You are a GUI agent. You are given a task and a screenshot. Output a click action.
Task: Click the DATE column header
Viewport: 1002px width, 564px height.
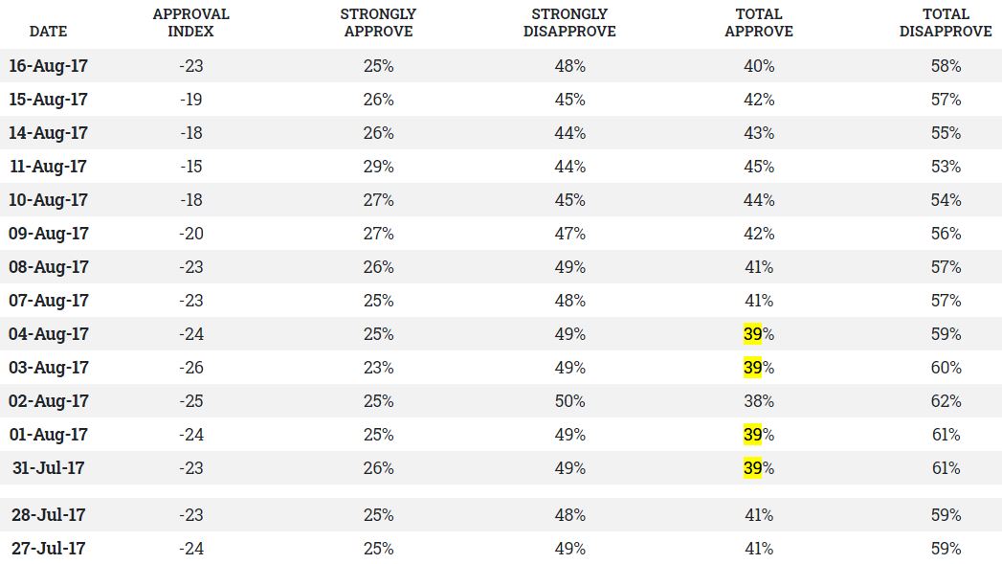[x=48, y=31]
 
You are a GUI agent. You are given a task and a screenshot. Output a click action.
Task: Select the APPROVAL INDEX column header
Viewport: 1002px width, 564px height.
[x=190, y=23]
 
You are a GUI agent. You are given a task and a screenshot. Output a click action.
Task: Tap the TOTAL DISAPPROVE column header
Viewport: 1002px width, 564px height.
[x=946, y=23]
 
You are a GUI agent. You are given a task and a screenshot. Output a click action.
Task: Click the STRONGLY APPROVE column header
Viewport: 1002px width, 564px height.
[x=377, y=23]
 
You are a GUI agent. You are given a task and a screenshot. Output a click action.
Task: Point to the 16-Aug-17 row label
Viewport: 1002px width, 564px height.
[x=48, y=66]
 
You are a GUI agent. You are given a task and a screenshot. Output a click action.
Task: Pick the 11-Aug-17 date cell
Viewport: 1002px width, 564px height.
[x=48, y=167]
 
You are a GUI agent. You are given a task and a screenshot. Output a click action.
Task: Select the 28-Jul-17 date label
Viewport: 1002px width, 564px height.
[x=48, y=515]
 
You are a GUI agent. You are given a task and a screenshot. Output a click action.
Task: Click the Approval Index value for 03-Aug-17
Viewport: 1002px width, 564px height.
[x=190, y=368]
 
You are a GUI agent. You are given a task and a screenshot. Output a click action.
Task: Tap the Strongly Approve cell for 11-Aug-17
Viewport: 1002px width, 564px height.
[x=378, y=167]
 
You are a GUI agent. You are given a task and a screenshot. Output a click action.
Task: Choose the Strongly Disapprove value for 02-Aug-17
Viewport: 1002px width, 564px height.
[x=569, y=401]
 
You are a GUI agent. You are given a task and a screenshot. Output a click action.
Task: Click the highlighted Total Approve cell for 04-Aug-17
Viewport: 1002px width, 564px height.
[x=758, y=334]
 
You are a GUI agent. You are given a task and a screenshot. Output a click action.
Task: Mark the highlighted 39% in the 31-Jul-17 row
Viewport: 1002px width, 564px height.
[x=758, y=468]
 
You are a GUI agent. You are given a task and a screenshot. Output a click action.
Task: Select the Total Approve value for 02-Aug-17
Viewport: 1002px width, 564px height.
[x=758, y=401]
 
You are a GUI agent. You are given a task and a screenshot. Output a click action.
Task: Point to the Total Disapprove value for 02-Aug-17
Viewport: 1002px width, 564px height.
[x=946, y=401]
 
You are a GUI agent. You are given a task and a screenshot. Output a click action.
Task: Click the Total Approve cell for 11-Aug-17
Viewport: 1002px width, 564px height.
[x=758, y=167]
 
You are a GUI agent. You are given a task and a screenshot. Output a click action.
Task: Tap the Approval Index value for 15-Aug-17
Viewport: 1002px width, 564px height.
[x=190, y=100]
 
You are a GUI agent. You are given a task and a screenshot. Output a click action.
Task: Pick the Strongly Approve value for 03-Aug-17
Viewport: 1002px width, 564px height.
[x=378, y=368]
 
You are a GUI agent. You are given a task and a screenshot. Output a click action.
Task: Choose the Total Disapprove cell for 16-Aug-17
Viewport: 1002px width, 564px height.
[x=946, y=66]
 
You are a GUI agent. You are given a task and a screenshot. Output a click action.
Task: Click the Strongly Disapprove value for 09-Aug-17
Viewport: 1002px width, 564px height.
[x=569, y=234]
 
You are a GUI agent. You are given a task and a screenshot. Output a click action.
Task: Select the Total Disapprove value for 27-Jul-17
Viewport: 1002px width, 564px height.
[x=946, y=549]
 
